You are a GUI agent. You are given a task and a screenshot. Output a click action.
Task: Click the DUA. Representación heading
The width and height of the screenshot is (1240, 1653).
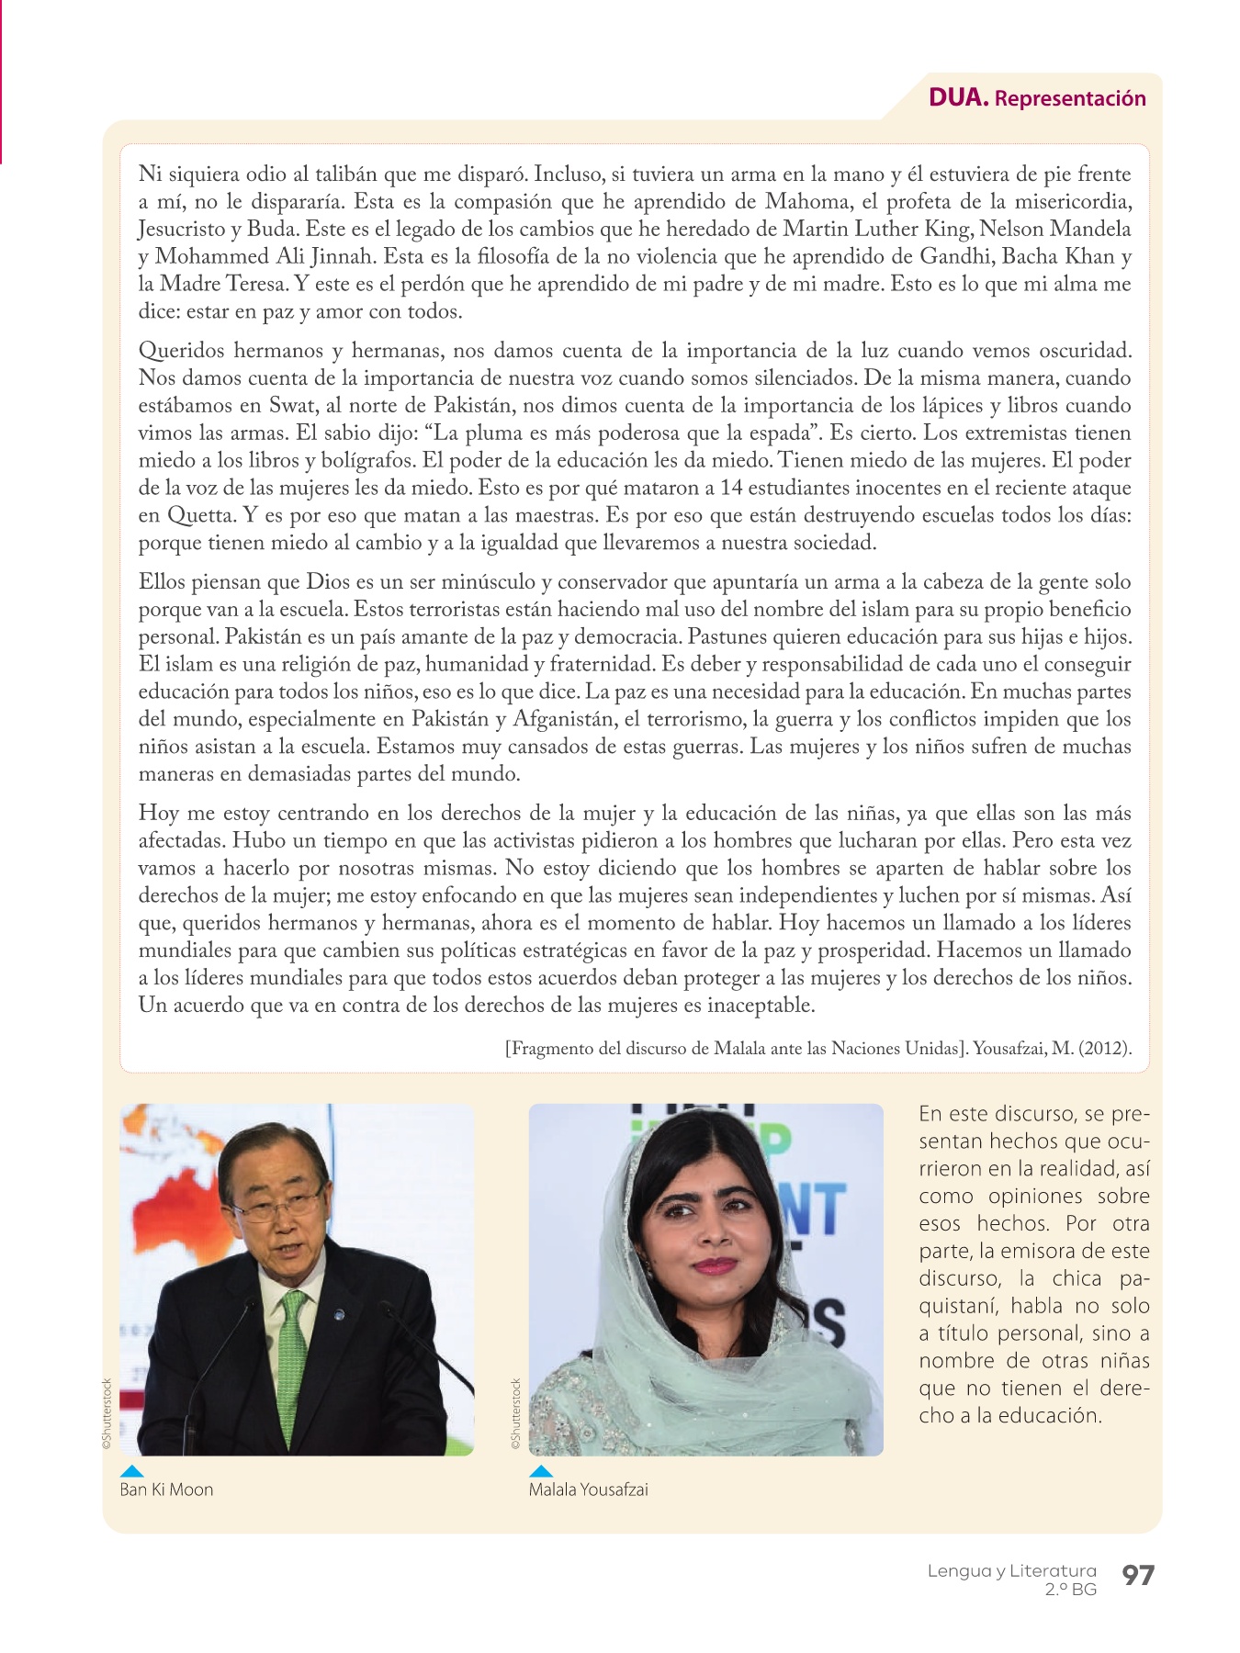pyautogui.click(x=1037, y=98)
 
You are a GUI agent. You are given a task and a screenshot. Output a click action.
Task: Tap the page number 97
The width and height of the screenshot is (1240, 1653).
pyautogui.click(x=1138, y=1576)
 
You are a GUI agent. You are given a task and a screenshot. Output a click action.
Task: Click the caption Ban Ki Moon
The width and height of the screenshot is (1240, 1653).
pyautogui.click(x=166, y=1490)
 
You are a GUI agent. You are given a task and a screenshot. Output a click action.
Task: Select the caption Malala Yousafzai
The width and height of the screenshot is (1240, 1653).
pyautogui.click(x=588, y=1490)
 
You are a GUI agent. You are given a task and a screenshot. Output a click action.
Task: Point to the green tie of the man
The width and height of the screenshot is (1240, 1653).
pyautogui.click(x=293, y=1359)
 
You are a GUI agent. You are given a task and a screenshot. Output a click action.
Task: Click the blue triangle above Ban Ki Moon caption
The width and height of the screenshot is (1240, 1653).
pyautogui.click(x=131, y=1470)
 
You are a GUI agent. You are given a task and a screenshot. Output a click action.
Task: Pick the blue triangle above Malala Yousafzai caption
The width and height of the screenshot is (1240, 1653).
pyautogui.click(x=541, y=1470)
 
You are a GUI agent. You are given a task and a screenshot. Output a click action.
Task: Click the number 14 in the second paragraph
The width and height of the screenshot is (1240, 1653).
pyautogui.click(x=731, y=488)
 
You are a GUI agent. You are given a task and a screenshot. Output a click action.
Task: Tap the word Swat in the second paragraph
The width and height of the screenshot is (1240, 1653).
pyautogui.click(x=292, y=405)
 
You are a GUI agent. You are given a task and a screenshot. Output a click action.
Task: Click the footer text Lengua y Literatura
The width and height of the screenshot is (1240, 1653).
pyautogui.click(x=1011, y=1570)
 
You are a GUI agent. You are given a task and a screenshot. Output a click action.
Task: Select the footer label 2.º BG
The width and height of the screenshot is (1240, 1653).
pyautogui.click(x=1070, y=1590)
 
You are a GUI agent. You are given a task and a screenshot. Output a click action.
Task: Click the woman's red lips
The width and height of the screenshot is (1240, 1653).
pyautogui.click(x=715, y=1265)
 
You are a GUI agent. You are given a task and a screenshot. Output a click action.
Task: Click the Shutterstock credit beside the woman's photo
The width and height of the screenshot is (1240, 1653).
pyautogui.click(x=516, y=1414)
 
